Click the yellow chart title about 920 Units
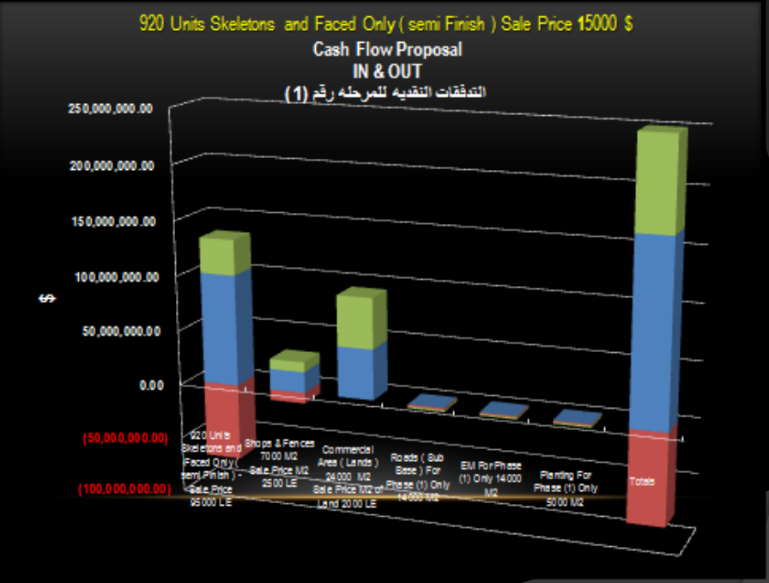pyautogui.click(x=387, y=23)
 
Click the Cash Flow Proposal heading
pyautogui.click(x=387, y=50)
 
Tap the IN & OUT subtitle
pyautogui.click(x=387, y=71)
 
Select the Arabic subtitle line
pyautogui.click(x=385, y=91)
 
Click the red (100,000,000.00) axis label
pyautogui.click(x=122, y=489)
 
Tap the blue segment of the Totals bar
pyautogui.click(x=657, y=331)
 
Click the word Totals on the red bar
pyautogui.click(x=641, y=482)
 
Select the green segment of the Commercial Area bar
pyautogui.click(x=359, y=319)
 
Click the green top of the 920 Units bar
pyautogui.click(x=223, y=253)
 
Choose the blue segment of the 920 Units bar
pyautogui.click(x=223, y=326)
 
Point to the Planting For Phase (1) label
pyautogui.click(x=566, y=488)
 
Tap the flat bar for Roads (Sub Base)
pyautogui.click(x=426, y=403)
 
